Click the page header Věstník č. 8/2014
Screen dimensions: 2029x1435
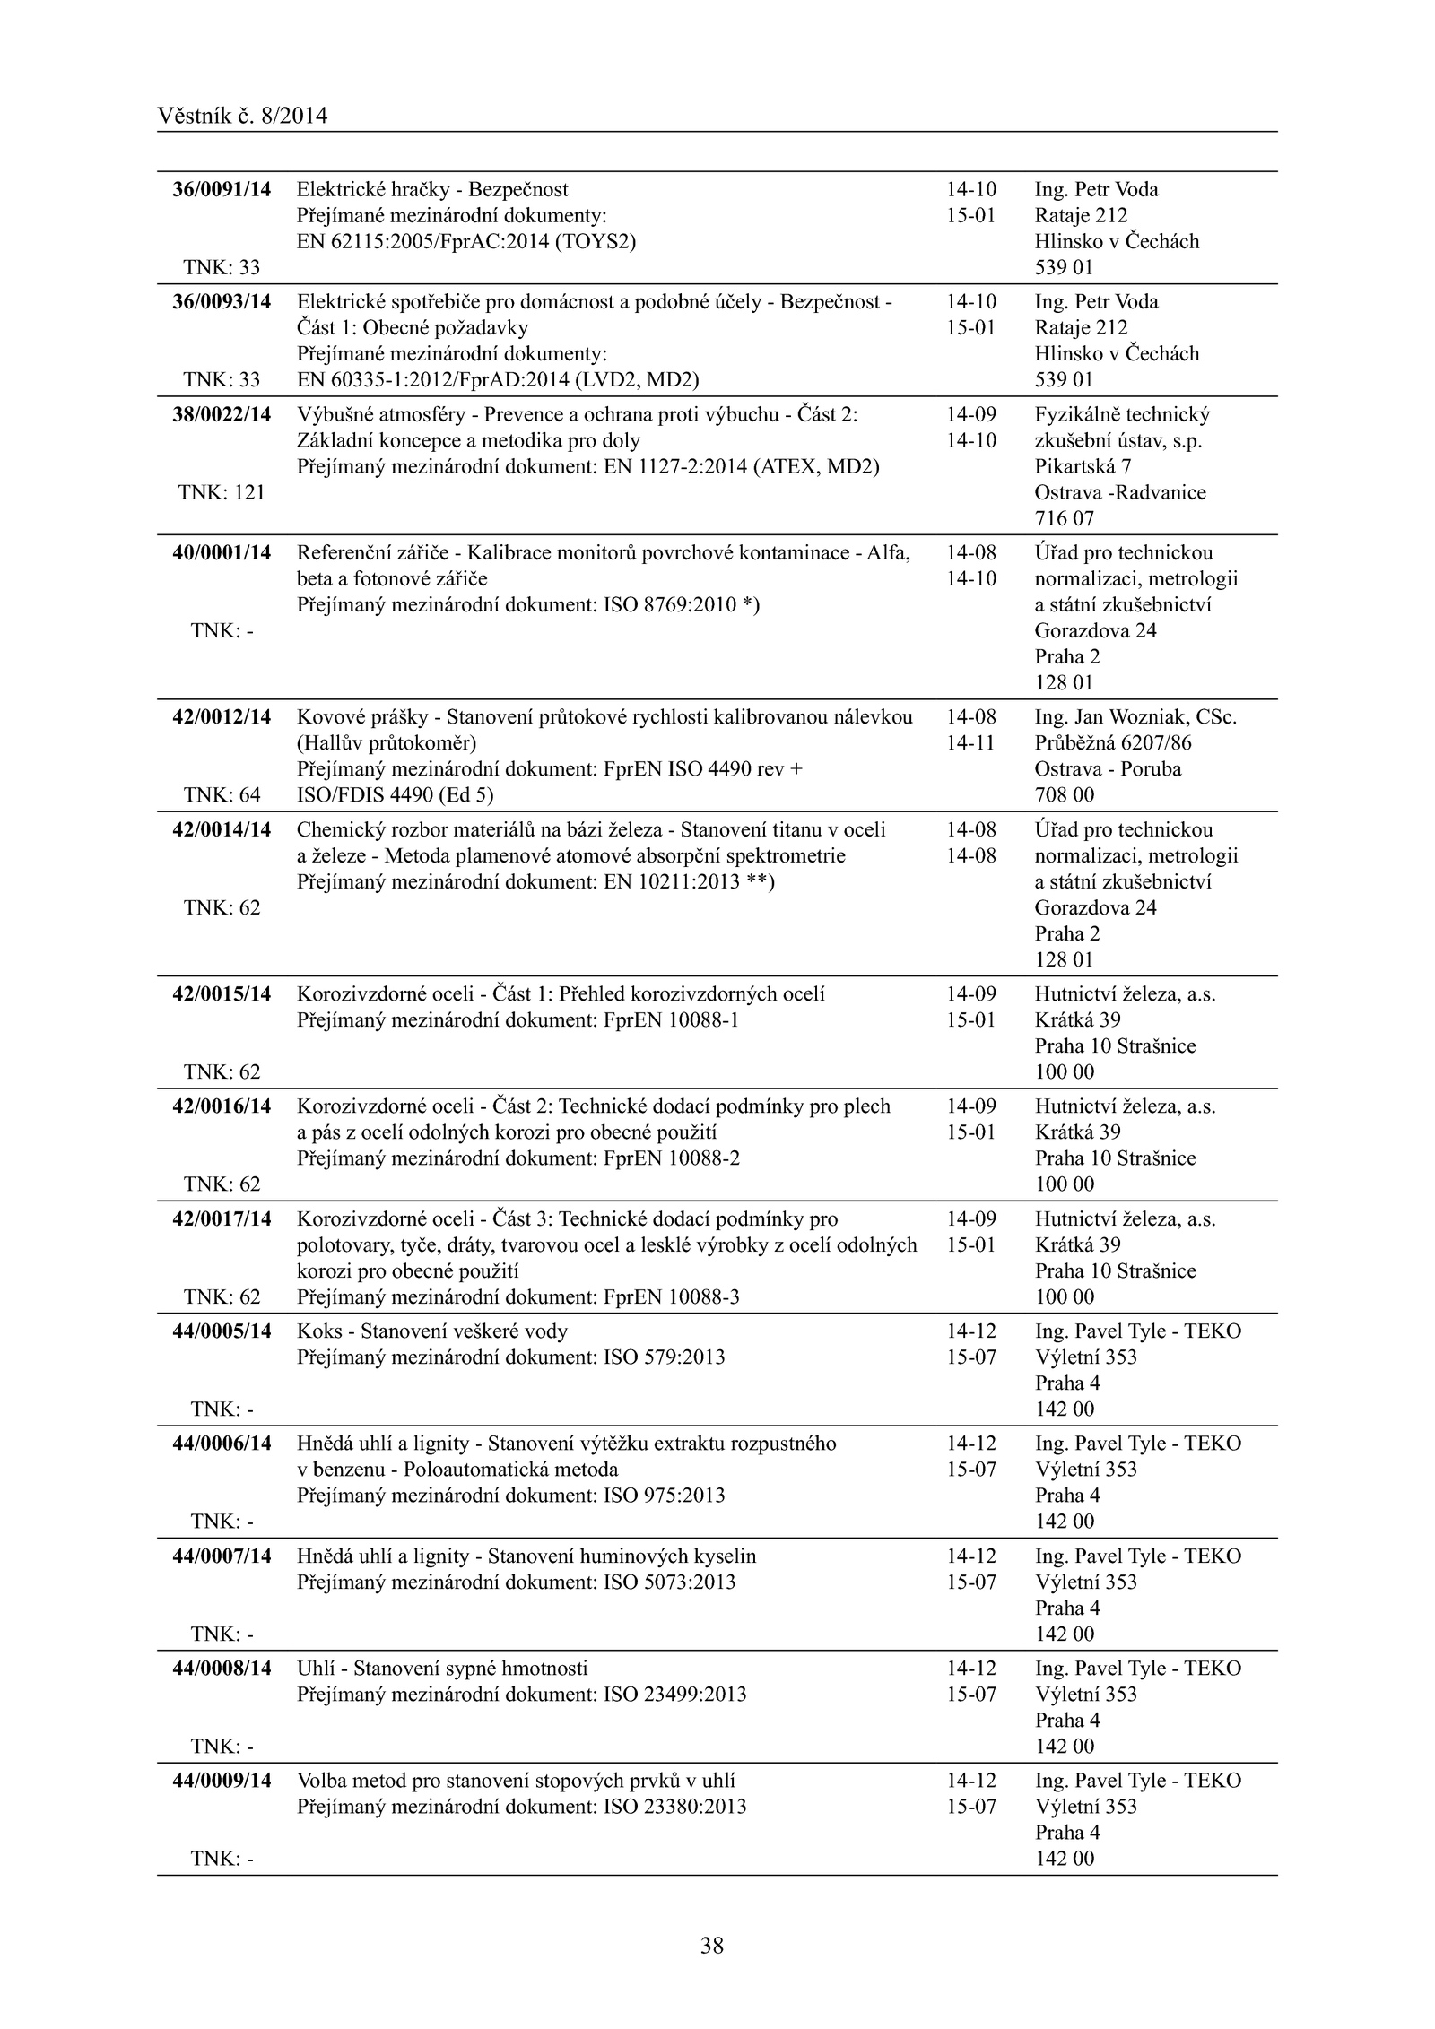242,116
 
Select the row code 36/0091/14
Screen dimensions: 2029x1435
222,190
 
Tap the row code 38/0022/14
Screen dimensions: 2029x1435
222,415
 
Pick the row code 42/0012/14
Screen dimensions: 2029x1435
222,717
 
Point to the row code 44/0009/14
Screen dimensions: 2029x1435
222,1781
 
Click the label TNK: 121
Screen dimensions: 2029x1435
222,492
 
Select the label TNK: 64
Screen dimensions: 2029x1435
222,795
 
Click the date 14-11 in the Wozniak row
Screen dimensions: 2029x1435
970,743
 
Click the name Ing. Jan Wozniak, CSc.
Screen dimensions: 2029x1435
1135,717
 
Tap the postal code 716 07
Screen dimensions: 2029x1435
1064,519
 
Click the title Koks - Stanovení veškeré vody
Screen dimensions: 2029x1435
432,1331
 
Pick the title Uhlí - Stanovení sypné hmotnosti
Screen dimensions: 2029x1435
442,1669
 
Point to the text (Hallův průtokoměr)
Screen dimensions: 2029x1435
387,743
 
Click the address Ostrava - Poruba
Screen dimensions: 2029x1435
1108,769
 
